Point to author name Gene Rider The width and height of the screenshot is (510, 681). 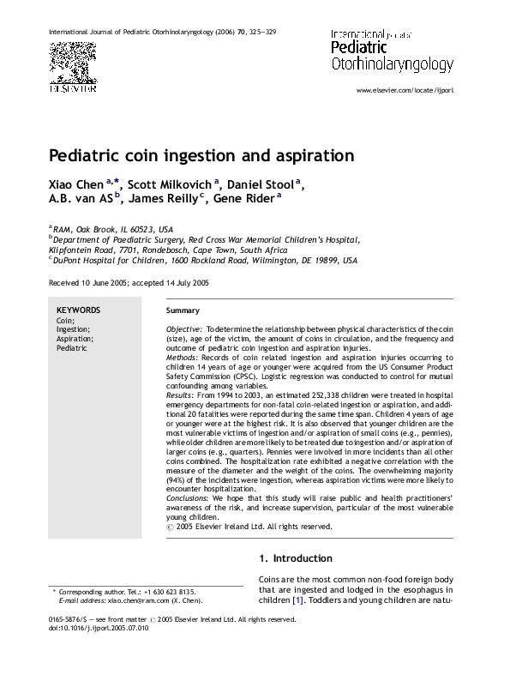[x=243, y=199]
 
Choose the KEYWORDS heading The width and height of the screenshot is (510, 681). [x=77, y=310]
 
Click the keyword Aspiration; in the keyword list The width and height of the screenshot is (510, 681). [x=75, y=339]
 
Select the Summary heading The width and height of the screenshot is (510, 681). [x=182, y=310]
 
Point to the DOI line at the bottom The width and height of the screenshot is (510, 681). [x=99, y=627]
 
